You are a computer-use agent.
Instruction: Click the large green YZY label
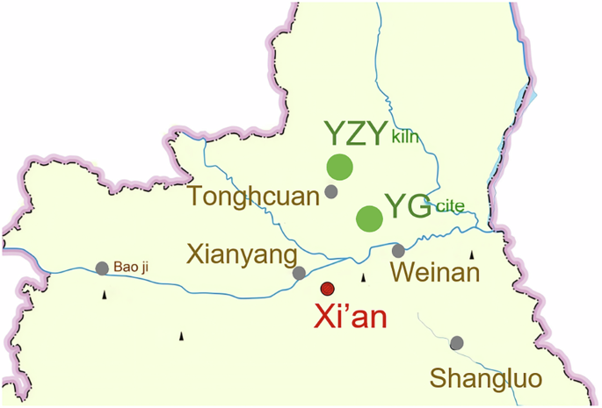(355, 133)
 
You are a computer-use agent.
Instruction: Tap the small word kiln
(406, 137)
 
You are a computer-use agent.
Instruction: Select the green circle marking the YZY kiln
(339, 167)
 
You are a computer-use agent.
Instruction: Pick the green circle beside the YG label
(369, 218)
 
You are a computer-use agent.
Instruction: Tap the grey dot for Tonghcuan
(331, 191)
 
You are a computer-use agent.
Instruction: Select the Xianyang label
(239, 254)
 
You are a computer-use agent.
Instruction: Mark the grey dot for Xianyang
(300, 273)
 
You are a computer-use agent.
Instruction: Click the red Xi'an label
(354, 313)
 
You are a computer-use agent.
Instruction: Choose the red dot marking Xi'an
(328, 288)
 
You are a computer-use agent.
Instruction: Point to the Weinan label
(435, 273)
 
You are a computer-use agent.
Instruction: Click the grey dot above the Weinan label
(398, 251)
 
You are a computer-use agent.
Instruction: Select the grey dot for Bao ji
(102, 268)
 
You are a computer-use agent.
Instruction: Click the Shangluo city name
(486, 378)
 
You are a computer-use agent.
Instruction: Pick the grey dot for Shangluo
(456, 343)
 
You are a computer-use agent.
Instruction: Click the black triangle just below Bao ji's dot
(105, 294)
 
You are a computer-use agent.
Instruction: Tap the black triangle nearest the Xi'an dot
(364, 277)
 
